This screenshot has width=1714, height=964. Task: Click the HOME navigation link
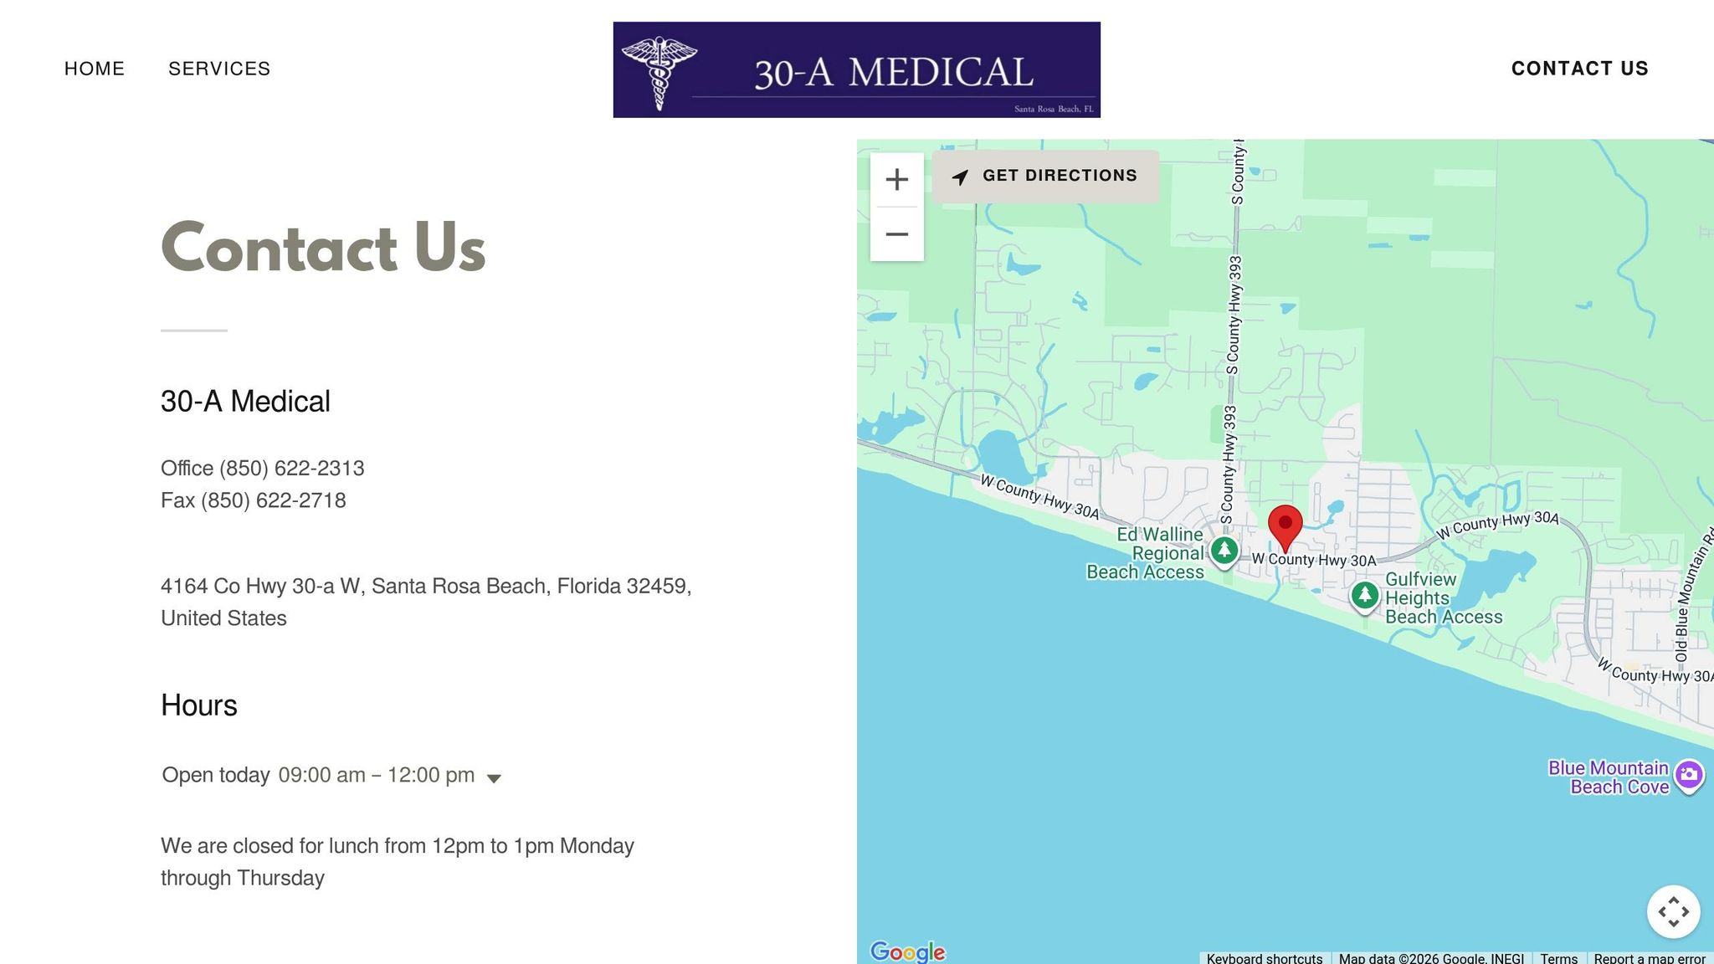95,69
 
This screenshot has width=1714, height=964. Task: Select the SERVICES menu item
219,69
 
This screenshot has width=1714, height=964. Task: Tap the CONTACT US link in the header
1579,69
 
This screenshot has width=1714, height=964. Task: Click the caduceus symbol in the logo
659,71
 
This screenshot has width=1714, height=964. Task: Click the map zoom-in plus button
896,179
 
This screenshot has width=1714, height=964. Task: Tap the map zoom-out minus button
896,234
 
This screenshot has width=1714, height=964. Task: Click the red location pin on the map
1285,526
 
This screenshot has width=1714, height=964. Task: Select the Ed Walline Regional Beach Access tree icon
1224,551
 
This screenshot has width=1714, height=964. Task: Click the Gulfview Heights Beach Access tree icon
1365,595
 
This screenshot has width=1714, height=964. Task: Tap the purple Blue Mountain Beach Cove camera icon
1689,774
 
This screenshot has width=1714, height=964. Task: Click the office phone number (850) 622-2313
291,469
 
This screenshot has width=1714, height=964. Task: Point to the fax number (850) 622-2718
273,500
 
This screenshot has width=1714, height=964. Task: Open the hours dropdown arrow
494,778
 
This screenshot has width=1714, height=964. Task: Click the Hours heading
199,705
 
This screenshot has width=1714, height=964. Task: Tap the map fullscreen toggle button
1673,911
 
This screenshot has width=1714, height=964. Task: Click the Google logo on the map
907,951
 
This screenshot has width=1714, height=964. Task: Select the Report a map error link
1649,958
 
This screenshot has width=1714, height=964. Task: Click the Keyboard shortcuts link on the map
1264,958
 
